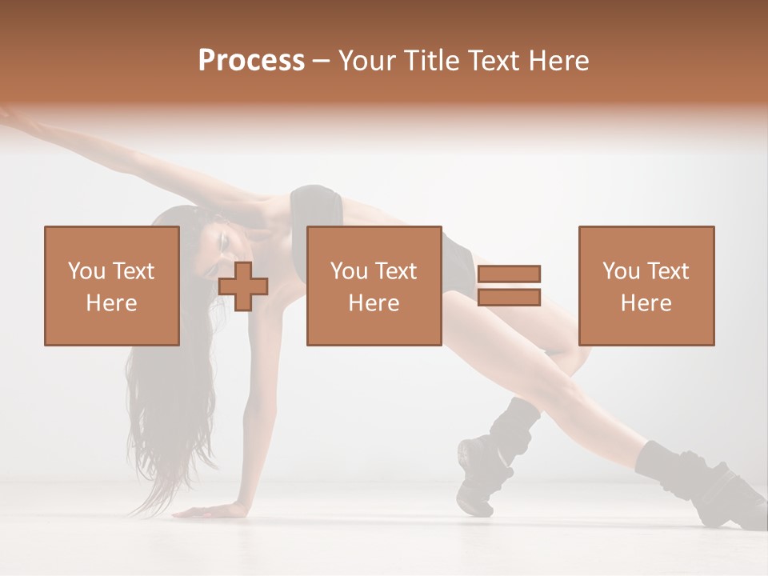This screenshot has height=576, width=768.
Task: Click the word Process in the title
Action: (x=251, y=61)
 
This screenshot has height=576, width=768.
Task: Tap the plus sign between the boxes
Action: (x=243, y=286)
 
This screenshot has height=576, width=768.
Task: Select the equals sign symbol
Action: (x=509, y=286)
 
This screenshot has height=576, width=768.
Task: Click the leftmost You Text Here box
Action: (x=112, y=286)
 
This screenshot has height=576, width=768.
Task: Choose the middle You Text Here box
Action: (x=374, y=286)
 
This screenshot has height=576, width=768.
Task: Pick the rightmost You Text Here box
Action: (x=646, y=286)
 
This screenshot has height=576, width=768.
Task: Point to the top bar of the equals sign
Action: (x=509, y=274)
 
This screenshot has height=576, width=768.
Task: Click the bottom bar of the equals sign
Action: (x=509, y=297)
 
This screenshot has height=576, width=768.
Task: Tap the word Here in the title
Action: (x=558, y=61)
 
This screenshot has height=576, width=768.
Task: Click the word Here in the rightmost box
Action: (x=646, y=303)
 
